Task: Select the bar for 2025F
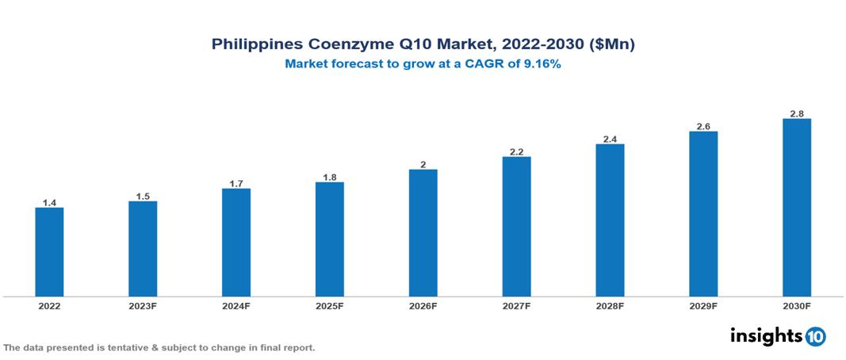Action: tap(329, 239)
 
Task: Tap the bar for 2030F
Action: tap(796, 208)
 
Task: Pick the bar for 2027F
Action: tap(516, 227)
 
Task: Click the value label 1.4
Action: tap(49, 203)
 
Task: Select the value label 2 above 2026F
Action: tap(423, 165)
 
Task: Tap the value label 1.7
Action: tap(236, 184)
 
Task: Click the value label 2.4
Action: tap(610, 140)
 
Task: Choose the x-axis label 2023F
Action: tap(143, 306)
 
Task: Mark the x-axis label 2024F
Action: tap(236, 306)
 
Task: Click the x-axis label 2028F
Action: tap(610, 306)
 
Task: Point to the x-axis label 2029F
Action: tap(703, 306)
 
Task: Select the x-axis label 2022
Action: tap(49, 306)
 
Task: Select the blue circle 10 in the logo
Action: tap(815, 336)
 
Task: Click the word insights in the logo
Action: tap(766, 335)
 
